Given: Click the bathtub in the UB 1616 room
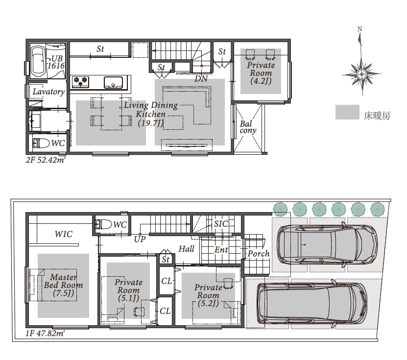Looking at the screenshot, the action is (x=38, y=61).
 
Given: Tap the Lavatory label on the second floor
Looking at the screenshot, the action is (x=48, y=92).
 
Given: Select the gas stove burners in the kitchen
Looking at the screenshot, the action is (x=81, y=81).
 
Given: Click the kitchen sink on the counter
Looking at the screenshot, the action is (x=114, y=82).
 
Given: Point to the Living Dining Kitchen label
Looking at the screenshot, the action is (x=151, y=114).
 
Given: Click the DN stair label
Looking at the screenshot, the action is (x=201, y=79).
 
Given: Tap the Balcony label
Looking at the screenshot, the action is (x=248, y=127).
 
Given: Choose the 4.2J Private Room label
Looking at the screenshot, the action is (x=261, y=73).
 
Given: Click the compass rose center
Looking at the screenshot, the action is (x=361, y=74).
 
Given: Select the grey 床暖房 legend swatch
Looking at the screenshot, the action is (x=347, y=112).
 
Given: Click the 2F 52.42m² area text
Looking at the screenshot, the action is (x=45, y=160).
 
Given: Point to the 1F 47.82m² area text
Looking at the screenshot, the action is (x=45, y=333).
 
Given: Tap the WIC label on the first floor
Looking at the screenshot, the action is (x=64, y=234).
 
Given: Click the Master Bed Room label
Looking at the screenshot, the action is (x=63, y=285).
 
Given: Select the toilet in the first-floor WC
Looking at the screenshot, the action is (x=103, y=224).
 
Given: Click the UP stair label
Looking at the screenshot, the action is (x=140, y=239).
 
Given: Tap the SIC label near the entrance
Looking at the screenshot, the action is (x=221, y=224).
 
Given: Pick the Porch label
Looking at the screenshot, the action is (x=259, y=254).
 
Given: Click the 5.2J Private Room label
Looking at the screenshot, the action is (x=208, y=295).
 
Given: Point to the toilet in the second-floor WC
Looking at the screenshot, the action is (x=41, y=143).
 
